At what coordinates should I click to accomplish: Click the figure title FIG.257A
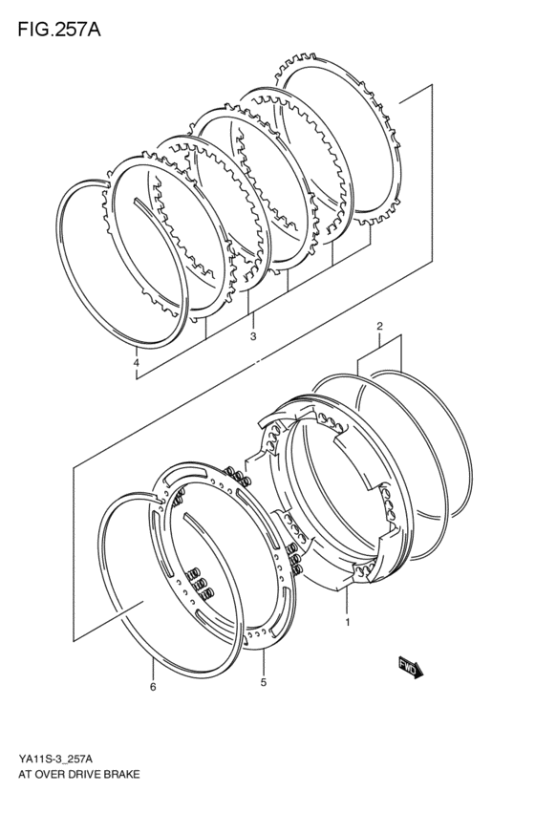tap(59, 30)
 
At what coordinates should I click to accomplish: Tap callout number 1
tap(348, 622)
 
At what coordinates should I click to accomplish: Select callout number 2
tap(379, 326)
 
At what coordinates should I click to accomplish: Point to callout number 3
tap(253, 336)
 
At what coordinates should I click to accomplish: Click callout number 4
tap(137, 363)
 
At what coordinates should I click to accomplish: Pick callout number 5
tap(264, 682)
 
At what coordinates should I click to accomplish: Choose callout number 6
tap(153, 687)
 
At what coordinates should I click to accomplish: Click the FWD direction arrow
tap(411, 668)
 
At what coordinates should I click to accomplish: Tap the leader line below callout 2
tap(379, 339)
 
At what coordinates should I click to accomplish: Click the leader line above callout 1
tap(347, 600)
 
